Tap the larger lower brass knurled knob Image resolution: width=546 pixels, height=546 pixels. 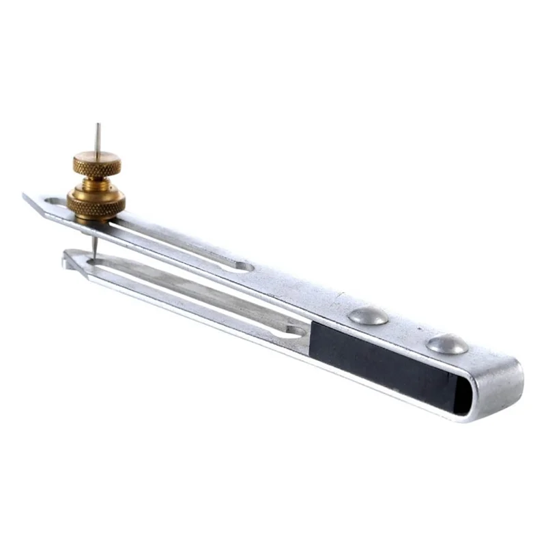tap(96, 201)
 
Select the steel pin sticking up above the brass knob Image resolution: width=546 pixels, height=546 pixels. tap(98, 136)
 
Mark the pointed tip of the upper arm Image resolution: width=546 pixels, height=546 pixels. tap(27, 197)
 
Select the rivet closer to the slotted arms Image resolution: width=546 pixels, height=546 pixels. tap(368, 315)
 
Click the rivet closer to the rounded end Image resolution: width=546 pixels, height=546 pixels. tap(447, 344)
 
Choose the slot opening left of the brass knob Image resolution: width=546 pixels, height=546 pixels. tap(55, 202)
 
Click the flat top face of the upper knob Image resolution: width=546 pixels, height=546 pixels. tap(97, 160)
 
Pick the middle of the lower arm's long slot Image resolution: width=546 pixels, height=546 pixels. tap(198, 298)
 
